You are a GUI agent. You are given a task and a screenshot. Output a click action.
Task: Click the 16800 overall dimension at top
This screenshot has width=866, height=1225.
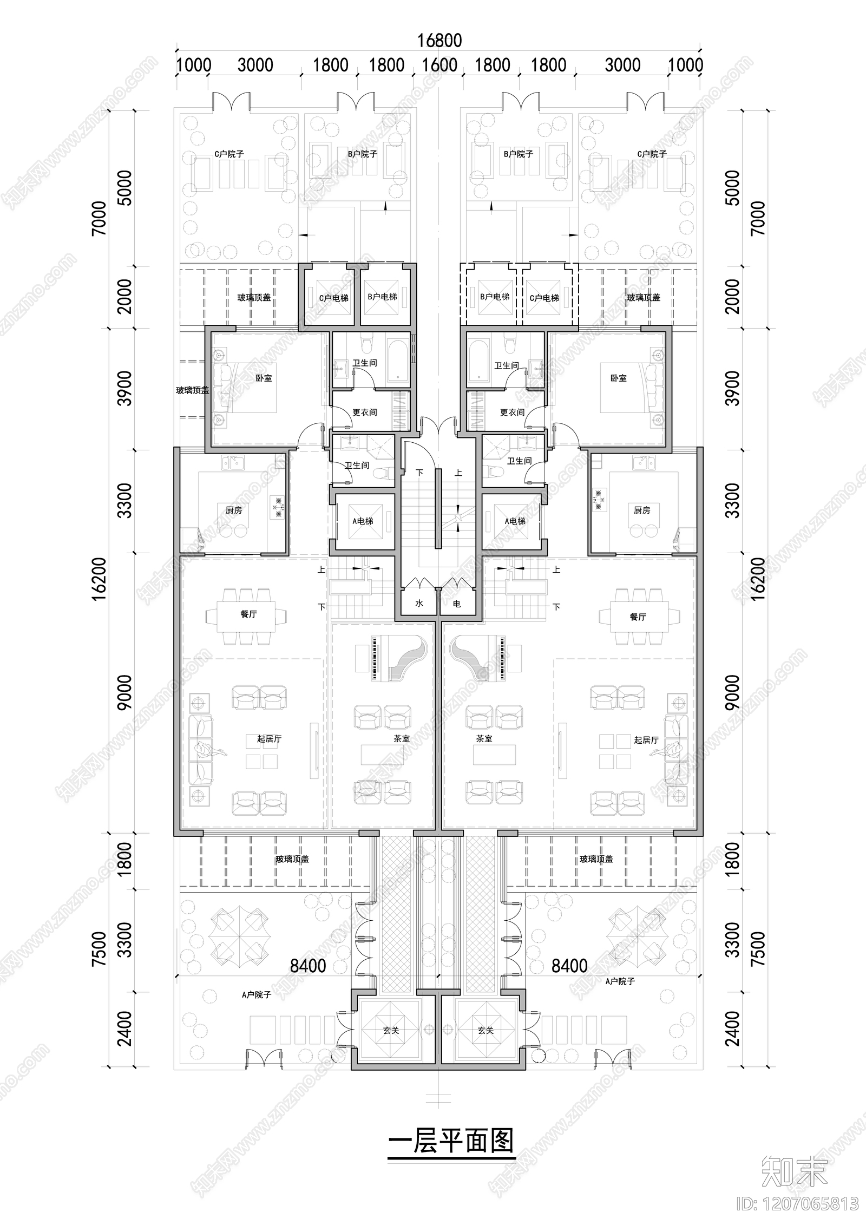(439, 41)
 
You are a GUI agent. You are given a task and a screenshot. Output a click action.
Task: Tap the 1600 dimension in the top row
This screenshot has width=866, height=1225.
(439, 65)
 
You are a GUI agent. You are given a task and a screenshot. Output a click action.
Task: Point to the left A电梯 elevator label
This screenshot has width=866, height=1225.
(363, 521)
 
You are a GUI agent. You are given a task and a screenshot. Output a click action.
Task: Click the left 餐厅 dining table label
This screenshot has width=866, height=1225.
(248, 614)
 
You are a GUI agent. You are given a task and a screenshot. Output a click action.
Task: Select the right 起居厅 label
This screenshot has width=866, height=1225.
(646, 740)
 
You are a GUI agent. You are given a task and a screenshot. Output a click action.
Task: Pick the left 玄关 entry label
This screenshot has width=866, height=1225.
(391, 1031)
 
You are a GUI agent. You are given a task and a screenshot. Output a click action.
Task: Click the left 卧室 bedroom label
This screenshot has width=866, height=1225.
(264, 378)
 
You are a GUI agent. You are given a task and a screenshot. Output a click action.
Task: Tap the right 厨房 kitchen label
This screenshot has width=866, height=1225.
(642, 510)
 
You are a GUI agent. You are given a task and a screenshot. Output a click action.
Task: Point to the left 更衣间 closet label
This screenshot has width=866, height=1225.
(364, 412)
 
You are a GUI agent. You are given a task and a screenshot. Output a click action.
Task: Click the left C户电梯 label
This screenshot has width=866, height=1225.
(333, 298)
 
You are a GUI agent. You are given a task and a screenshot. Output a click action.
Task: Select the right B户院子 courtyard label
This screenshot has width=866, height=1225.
(518, 154)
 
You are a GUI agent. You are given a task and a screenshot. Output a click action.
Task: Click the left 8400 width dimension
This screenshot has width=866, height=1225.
(308, 966)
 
